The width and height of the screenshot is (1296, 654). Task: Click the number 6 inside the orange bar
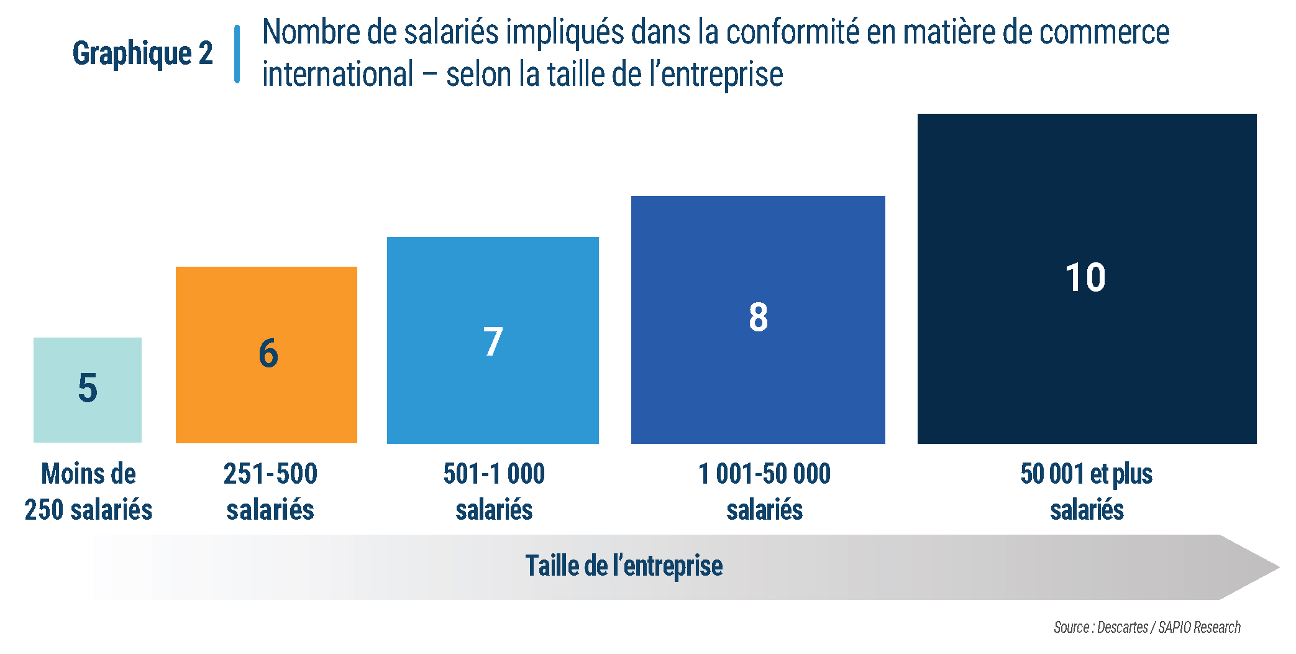[268, 353]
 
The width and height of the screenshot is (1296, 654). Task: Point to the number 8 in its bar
[758, 317]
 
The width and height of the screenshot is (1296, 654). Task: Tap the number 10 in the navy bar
[1085, 277]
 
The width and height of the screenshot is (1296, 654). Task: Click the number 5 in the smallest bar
[88, 388]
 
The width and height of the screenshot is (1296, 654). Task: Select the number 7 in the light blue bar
[493, 342]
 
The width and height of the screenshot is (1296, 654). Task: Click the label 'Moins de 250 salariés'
[88, 491]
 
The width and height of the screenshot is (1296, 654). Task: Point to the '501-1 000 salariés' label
[494, 491]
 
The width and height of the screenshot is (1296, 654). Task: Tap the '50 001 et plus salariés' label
[1087, 491]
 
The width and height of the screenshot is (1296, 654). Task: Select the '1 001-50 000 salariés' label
[764, 491]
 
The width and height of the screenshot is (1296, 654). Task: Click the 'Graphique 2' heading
[142, 53]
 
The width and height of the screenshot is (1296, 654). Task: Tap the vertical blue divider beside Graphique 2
[237, 53]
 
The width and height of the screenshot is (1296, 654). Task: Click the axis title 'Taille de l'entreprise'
[624, 566]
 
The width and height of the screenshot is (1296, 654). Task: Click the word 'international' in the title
[338, 75]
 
